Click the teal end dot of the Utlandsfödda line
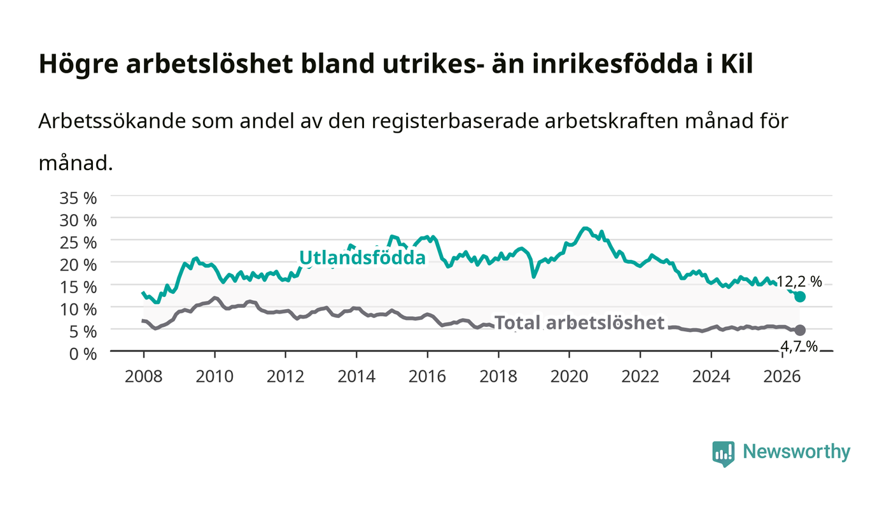click(x=799, y=296)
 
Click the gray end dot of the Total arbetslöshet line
click(x=799, y=330)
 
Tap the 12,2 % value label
click(x=799, y=282)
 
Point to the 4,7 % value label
click(x=799, y=347)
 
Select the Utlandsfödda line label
click(x=362, y=257)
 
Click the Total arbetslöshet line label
click(x=579, y=322)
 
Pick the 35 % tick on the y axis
click(x=78, y=198)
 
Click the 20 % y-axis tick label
click(x=78, y=265)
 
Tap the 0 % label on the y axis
click(x=83, y=354)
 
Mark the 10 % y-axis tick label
click(x=78, y=309)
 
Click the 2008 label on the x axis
click(x=144, y=376)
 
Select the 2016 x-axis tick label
click(x=427, y=376)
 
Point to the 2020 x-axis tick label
click(x=569, y=376)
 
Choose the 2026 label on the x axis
click(x=782, y=376)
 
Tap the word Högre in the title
click(x=78, y=64)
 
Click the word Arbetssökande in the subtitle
click(x=112, y=121)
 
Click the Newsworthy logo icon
click(x=724, y=454)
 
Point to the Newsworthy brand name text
click(x=797, y=452)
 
